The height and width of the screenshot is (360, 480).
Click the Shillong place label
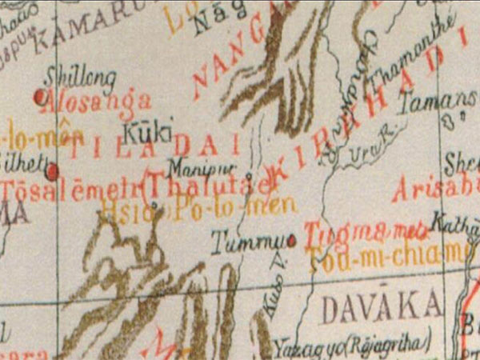tap(81, 78)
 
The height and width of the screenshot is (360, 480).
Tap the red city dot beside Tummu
tap(291, 238)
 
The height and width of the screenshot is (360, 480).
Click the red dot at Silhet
tap(52, 171)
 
